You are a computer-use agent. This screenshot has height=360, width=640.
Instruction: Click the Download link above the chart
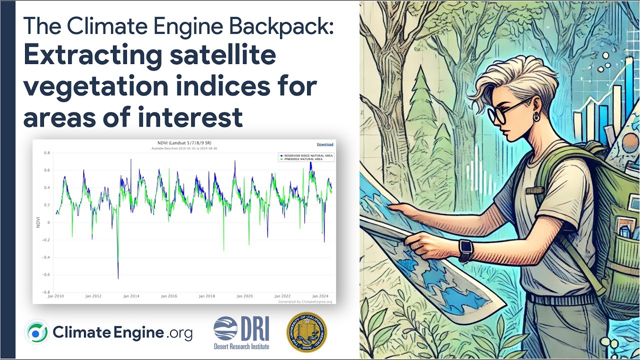325,144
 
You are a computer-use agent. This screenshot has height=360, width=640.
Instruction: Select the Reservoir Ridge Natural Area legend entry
305,155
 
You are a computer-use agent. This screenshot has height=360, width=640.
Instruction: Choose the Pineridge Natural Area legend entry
303,159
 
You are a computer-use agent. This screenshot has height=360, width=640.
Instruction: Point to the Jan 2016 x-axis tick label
169,296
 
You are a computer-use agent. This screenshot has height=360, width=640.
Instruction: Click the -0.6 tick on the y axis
46,274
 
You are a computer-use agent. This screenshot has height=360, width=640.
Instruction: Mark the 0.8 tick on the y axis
47,153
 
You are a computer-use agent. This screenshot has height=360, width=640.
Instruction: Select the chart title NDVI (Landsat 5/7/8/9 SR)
184,144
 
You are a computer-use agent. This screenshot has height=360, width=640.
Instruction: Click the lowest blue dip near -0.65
118,278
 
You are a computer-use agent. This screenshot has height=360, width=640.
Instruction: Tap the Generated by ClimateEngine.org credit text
305,301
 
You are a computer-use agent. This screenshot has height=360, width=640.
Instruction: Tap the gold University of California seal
306,332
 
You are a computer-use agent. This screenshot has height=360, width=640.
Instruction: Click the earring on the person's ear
536,118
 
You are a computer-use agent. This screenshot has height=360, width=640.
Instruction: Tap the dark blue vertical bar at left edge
8,180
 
